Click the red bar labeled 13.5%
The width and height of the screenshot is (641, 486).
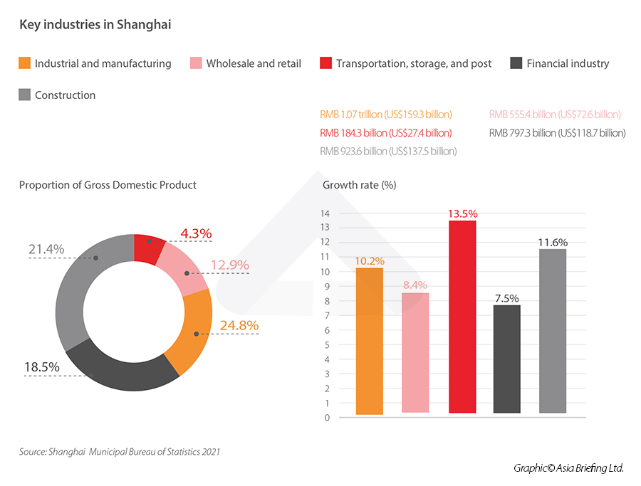(462, 317)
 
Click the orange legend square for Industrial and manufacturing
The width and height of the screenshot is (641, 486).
(25, 63)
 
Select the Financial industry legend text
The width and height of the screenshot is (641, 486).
(568, 63)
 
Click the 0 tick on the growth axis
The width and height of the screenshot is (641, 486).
(327, 418)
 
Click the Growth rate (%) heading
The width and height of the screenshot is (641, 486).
(359, 184)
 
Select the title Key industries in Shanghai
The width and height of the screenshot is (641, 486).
(95, 24)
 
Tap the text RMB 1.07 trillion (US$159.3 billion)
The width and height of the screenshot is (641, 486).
(386, 114)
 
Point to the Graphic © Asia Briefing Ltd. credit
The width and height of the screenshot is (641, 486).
(568, 467)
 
